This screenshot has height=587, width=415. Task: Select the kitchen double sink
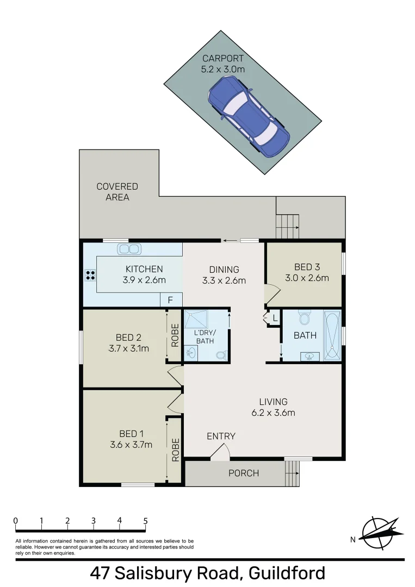(129, 249)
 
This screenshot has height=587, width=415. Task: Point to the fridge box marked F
(170, 300)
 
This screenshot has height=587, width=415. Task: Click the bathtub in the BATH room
(332, 336)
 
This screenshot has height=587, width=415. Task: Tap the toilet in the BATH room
(305, 317)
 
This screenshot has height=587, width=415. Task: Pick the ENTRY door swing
(220, 452)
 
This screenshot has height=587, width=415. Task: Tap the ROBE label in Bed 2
(175, 336)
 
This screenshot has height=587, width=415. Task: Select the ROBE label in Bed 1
(175, 449)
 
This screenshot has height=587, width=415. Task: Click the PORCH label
(243, 473)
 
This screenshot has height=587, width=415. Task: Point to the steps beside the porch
(292, 473)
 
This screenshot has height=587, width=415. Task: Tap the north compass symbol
(381, 533)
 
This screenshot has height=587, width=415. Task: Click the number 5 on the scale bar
(145, 521)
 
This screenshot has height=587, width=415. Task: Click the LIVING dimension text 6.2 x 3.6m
(273, 413)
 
